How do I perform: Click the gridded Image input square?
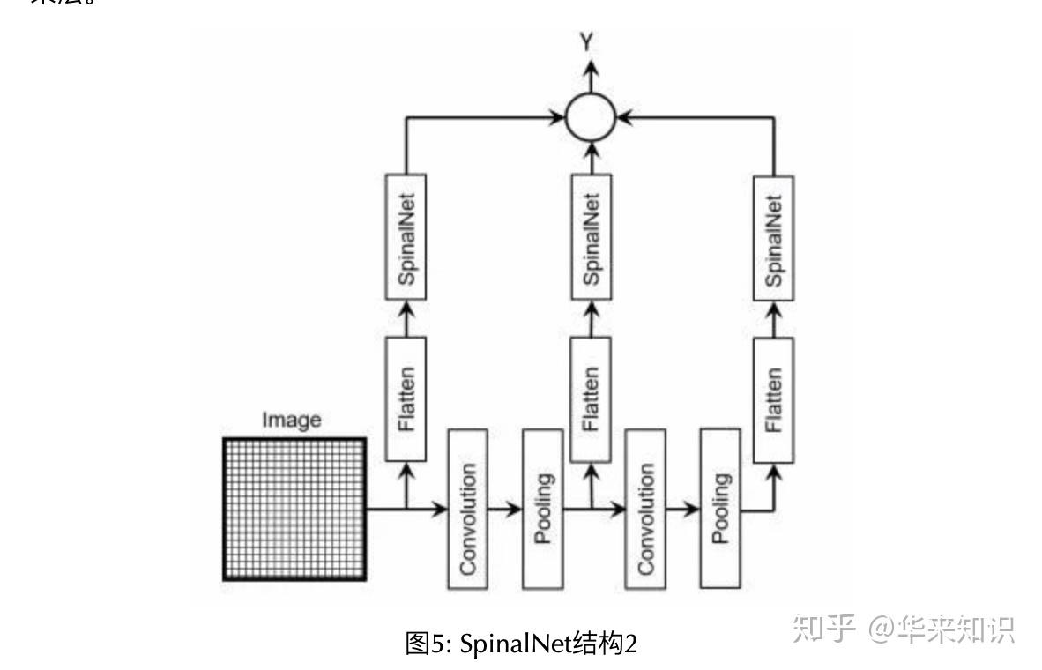coord(294,509)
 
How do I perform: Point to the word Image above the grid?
coord(291,421)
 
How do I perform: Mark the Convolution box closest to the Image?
coord(468,509)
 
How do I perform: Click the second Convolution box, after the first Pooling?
coord(646,509)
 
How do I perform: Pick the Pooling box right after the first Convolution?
coord(543,509)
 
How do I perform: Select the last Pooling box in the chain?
coord(720,509)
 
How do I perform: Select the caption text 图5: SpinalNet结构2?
coord(520,644)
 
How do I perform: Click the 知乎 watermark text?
coord(823,628)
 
